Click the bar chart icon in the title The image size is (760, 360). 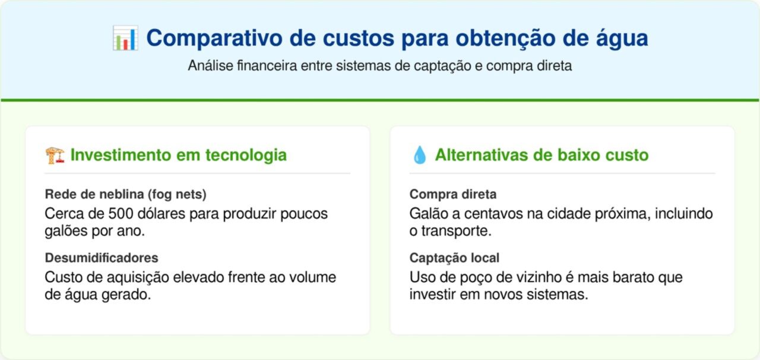click(125, 39)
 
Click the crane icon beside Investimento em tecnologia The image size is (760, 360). click(55, 156)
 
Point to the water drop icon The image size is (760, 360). click(419, 156)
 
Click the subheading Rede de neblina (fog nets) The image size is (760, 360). click(126, 194)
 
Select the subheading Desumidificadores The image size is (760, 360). click(102, 258)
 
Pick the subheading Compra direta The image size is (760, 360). click(453, 194)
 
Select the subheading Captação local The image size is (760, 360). click(454, 258)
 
